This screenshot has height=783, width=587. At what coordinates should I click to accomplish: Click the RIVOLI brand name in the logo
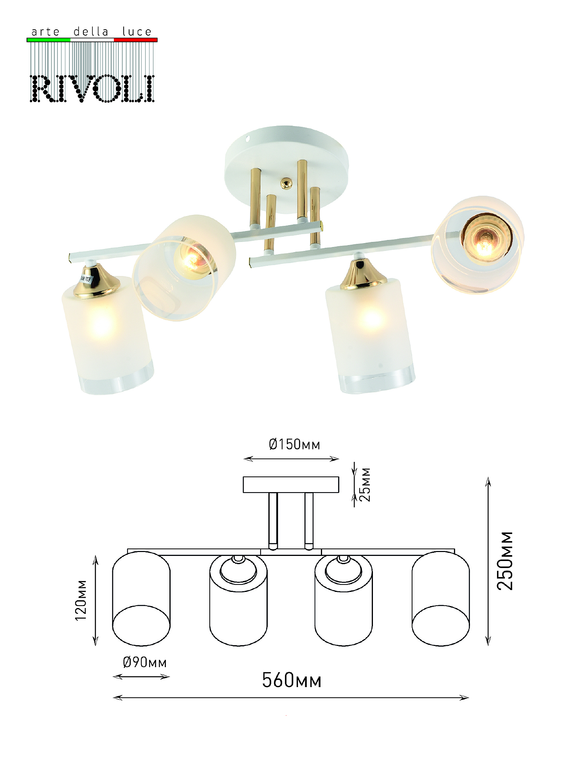(x=92, y=89)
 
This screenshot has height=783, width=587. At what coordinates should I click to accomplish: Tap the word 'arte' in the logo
(x=45, y=32)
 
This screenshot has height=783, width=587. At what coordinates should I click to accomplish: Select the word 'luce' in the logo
(x=137, y=31)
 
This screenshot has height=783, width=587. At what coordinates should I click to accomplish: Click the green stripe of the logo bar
(x=49, y=40)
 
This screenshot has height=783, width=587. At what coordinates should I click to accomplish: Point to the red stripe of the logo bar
(x=136, y=40)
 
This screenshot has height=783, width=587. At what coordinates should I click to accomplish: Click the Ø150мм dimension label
(x=294, y=444)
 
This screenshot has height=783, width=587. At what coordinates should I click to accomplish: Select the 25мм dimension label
(x=365, y=484)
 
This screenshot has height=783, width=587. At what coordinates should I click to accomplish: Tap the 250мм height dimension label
(x=505, y=561)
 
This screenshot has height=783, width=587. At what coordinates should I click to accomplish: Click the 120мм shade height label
(x=81, y=600)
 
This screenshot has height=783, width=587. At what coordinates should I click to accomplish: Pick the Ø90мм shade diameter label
(x=145, y=662)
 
